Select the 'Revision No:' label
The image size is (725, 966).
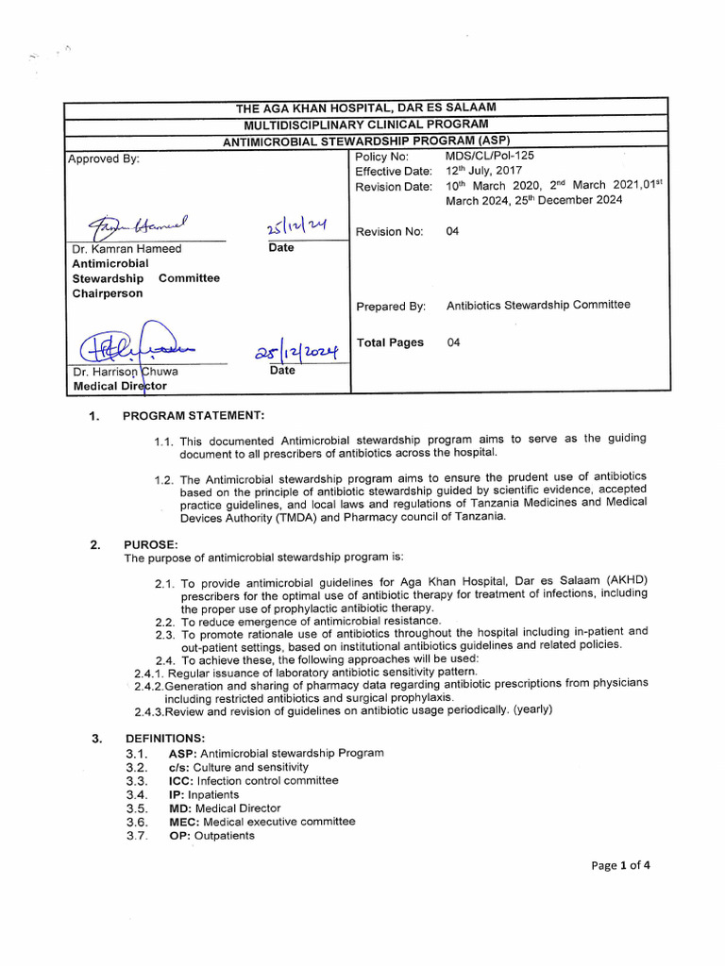coord(390,232)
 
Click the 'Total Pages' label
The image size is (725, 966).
coord(390,342)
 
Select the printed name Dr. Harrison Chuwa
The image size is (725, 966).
coord(126,372)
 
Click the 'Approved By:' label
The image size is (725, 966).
coord(104,158)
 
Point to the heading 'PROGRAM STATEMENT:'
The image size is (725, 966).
coord(194,416)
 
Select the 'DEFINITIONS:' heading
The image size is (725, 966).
coord(164,738)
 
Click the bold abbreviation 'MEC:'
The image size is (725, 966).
coord(184,822)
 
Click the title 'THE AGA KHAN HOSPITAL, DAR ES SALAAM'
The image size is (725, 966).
coord(365,108)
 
